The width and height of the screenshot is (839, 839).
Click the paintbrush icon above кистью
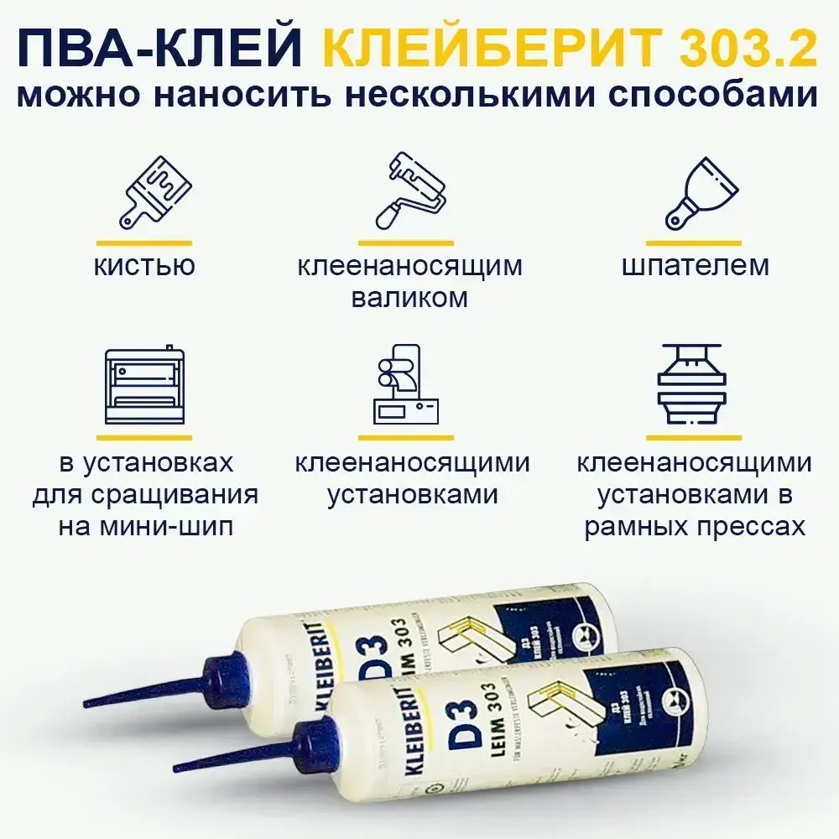pyautogui.click(x=155, y=193)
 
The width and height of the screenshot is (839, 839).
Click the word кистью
pyautogui.click(x=144, y=266)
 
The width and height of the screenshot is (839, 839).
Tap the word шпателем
pyautogui.click(x=696, y=266)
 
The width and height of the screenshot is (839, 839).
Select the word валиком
pyautogui.click(x=410, y=297)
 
